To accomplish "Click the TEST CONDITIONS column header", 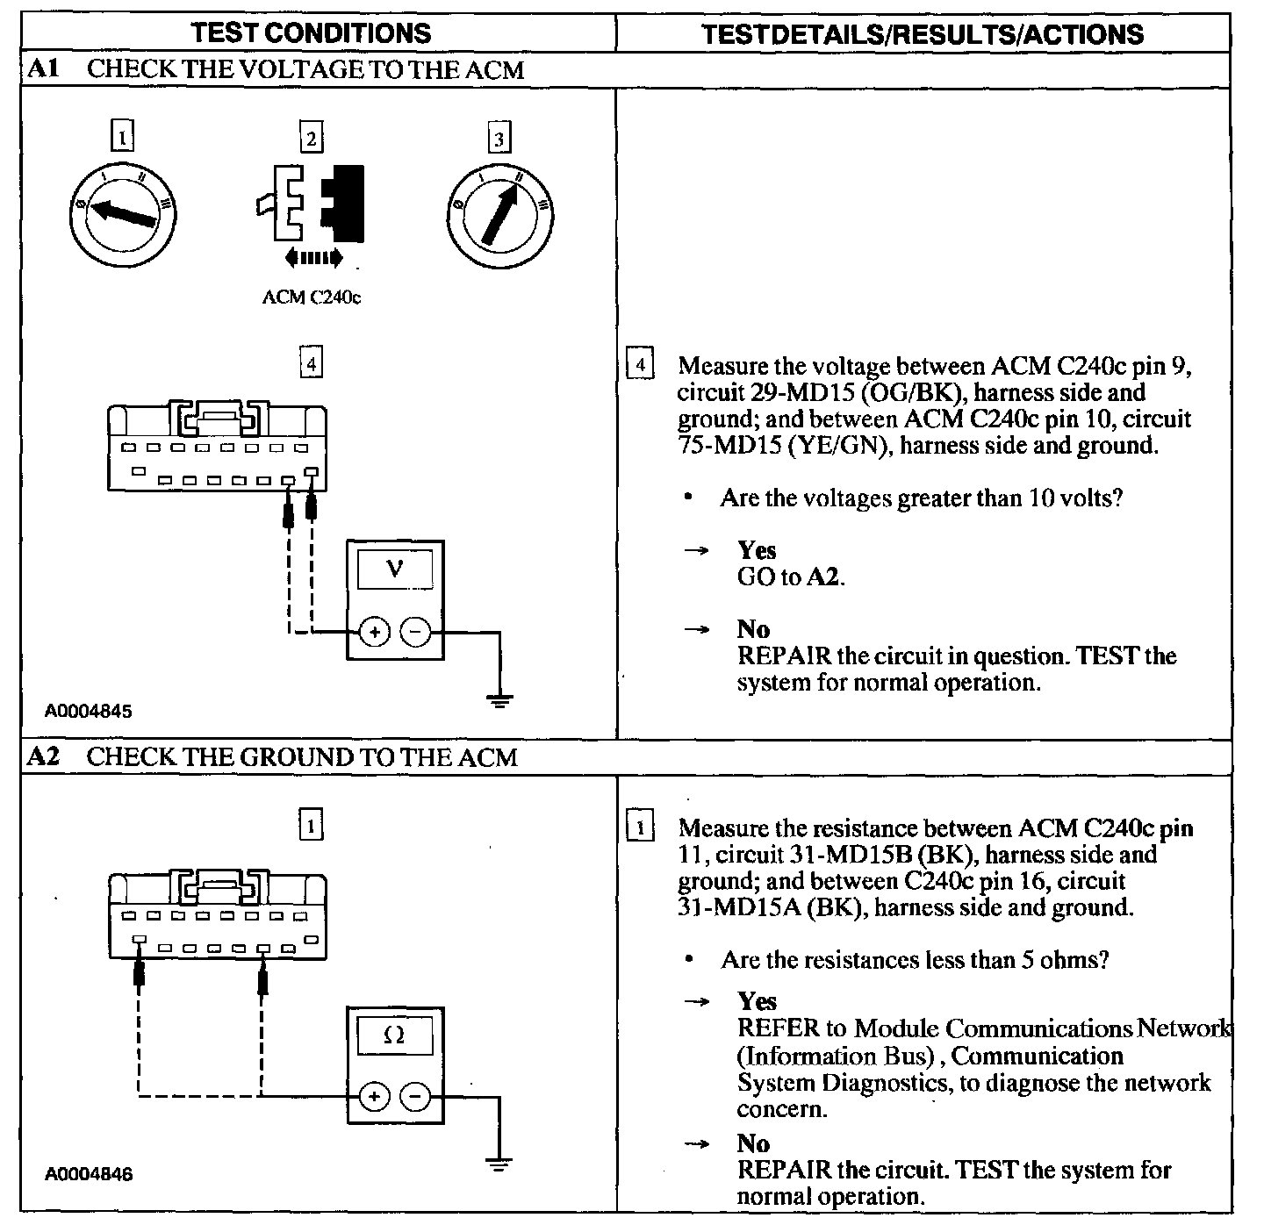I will tap(312, 33).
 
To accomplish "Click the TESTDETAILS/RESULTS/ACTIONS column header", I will tap(923, 34).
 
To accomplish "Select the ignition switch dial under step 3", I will tap(499, 214).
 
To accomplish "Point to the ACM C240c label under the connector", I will tap(312, 297).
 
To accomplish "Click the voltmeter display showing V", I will tap(395, 570).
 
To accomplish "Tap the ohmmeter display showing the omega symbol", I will tap(395, 1035).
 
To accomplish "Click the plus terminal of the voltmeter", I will tap(374, 632).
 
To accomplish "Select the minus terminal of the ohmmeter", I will tap(415, 1097).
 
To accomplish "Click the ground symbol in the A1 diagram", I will tap(499, 699).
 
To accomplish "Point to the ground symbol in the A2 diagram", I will tap(499, 1164).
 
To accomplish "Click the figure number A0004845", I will tap(90, 712).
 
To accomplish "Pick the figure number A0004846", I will tap(90, 1174).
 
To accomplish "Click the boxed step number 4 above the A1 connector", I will tap(311, 362).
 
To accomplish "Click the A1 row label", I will tap(43, 69).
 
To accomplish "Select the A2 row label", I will tap(43, 756).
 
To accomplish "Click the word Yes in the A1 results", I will tap(757, 550).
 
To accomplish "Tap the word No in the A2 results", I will tap(753, 1143).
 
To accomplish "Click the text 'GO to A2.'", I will tap(791, 577).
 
